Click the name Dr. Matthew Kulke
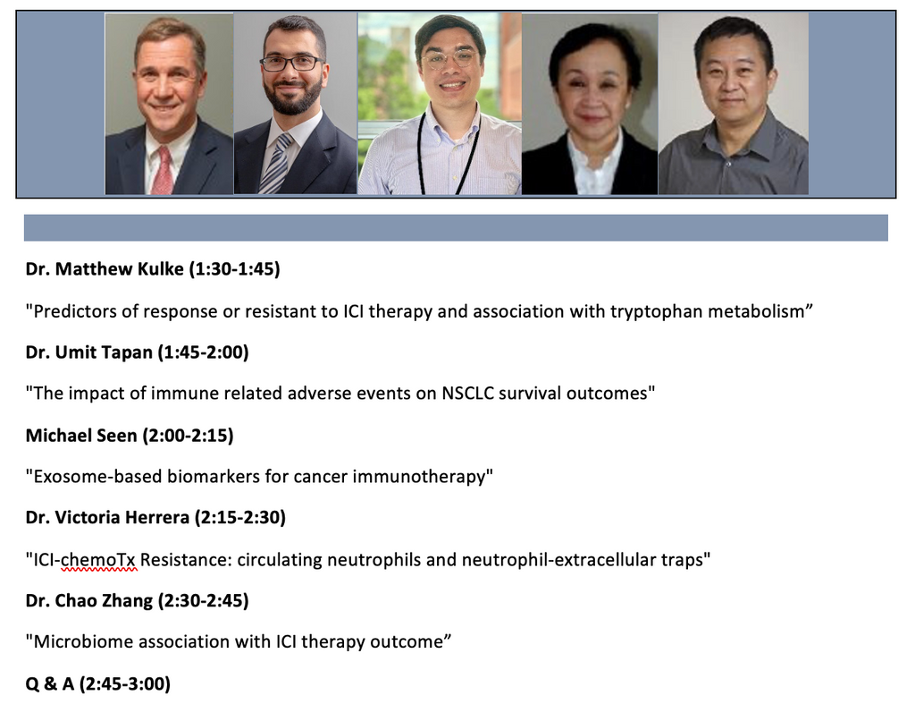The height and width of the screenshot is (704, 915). [105, 268]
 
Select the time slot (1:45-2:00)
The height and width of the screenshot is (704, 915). [203, 352]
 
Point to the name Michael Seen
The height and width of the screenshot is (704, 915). [81, 436]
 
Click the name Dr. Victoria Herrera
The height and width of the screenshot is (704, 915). [107, 518]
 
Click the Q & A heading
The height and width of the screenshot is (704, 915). [50, 683]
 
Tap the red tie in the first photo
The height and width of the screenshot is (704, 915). [163, 171]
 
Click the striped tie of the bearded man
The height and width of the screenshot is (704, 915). [275, 164]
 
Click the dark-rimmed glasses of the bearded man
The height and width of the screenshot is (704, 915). [291, 64]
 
